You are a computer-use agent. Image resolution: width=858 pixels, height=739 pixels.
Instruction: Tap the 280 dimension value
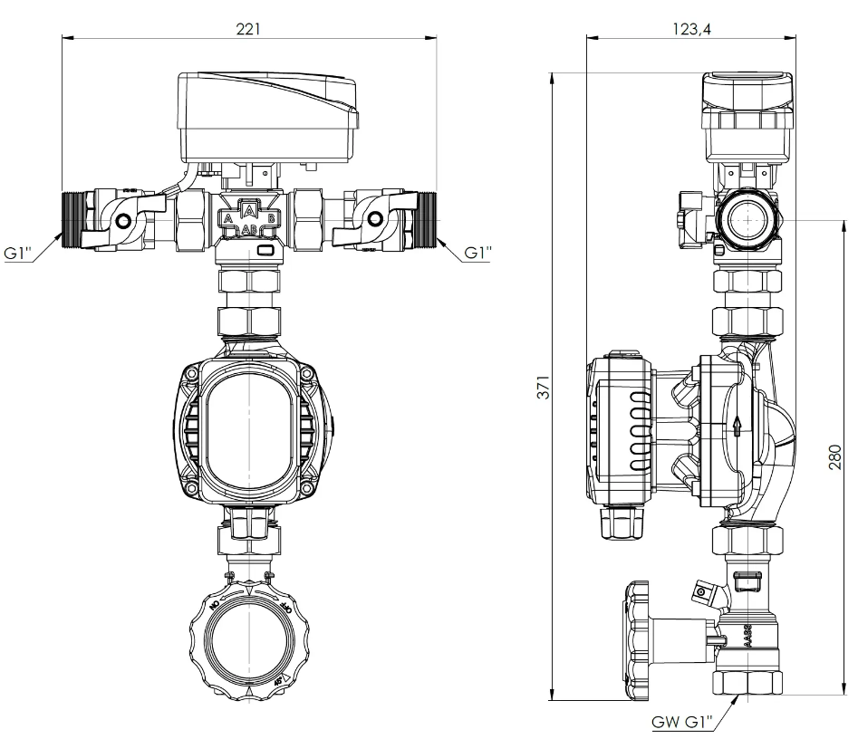pos(835,457)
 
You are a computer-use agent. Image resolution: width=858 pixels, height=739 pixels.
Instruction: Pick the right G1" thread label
pos(477,254)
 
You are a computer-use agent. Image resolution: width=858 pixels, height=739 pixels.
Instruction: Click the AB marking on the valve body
pos(249,231)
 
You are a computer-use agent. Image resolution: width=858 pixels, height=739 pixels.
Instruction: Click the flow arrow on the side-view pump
pos(738,425)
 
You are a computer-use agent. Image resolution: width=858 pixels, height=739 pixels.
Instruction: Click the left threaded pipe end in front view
pos(72,218)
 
